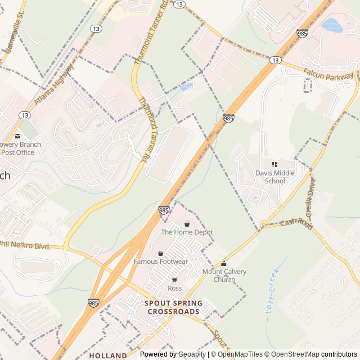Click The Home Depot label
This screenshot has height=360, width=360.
[187, 232]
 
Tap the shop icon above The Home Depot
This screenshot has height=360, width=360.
[187, 224]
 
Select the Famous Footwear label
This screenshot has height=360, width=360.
[161, 262]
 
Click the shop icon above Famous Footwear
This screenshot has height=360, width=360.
[161, 254]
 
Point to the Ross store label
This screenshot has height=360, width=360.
[174, 288]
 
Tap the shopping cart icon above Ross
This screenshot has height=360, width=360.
[174, 280]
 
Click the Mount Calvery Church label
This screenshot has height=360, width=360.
[224, 276]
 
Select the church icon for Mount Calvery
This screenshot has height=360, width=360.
[224, 264]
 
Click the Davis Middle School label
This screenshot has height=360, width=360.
[275, 177]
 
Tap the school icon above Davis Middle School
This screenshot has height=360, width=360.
[275, 164]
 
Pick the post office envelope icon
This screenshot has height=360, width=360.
[17, 136]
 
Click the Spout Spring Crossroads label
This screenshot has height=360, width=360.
[173, 307]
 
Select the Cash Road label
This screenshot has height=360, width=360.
[296, 223]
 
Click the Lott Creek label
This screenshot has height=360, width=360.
[271, 295]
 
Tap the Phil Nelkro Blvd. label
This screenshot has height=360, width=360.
[26, 245]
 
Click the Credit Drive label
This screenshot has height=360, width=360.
[310, 196]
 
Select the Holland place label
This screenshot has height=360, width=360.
[107, 355]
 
